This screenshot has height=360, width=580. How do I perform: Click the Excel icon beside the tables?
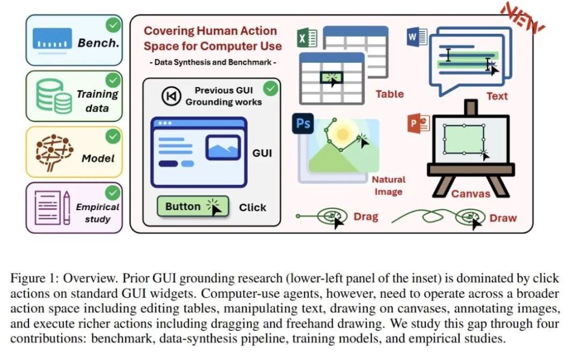coord(307,37)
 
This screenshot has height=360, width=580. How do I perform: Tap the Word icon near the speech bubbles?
coord(417,37)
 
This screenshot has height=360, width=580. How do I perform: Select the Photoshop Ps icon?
coord(303,124)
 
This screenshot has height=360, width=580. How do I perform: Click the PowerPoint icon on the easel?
coord(419,123)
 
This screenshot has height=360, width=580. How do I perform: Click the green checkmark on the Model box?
coord(113,136)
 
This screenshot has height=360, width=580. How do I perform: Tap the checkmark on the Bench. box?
coord(113,25)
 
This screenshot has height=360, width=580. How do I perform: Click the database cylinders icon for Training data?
coord(54,96)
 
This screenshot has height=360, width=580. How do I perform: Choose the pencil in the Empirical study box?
coord(66,208)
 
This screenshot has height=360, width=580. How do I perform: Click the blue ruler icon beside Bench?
coord(52,39)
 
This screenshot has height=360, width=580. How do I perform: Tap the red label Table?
coord(390,94)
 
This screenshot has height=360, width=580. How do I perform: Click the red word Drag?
coord(366,216)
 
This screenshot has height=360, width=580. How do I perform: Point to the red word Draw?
coord(503,218)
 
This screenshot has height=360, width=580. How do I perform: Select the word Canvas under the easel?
coord(471,193)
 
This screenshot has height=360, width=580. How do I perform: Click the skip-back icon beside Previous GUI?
coord(171,96)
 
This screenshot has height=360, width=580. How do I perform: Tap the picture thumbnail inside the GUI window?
coord(223,147)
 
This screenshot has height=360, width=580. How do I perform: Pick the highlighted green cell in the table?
coord(332,77)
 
